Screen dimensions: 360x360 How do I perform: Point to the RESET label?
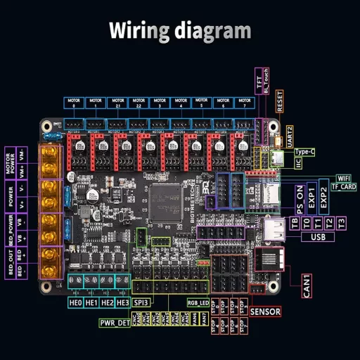pyautogui.click(x=281, y=101)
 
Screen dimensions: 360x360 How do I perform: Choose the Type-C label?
pyautogui.click(x=304, y=152)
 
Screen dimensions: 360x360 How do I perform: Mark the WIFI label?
pyautogui.click(x=342, y=178)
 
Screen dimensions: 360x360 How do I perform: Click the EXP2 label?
pyautogui.click(x=323, y=200)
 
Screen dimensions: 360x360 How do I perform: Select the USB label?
pyautogui.click(x=317, y=237)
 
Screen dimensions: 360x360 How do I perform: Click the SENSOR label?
pyautogui.click(x=265, y=311)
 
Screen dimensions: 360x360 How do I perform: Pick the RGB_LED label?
pyautogui.click(x=198, y=302)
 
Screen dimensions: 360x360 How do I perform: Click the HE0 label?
pyautogui.click(x=76, y=302)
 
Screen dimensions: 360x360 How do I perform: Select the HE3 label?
pyautogui.click(x=122, y=302)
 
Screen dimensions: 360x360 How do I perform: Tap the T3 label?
pyautogui.click(x=341, y=223)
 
